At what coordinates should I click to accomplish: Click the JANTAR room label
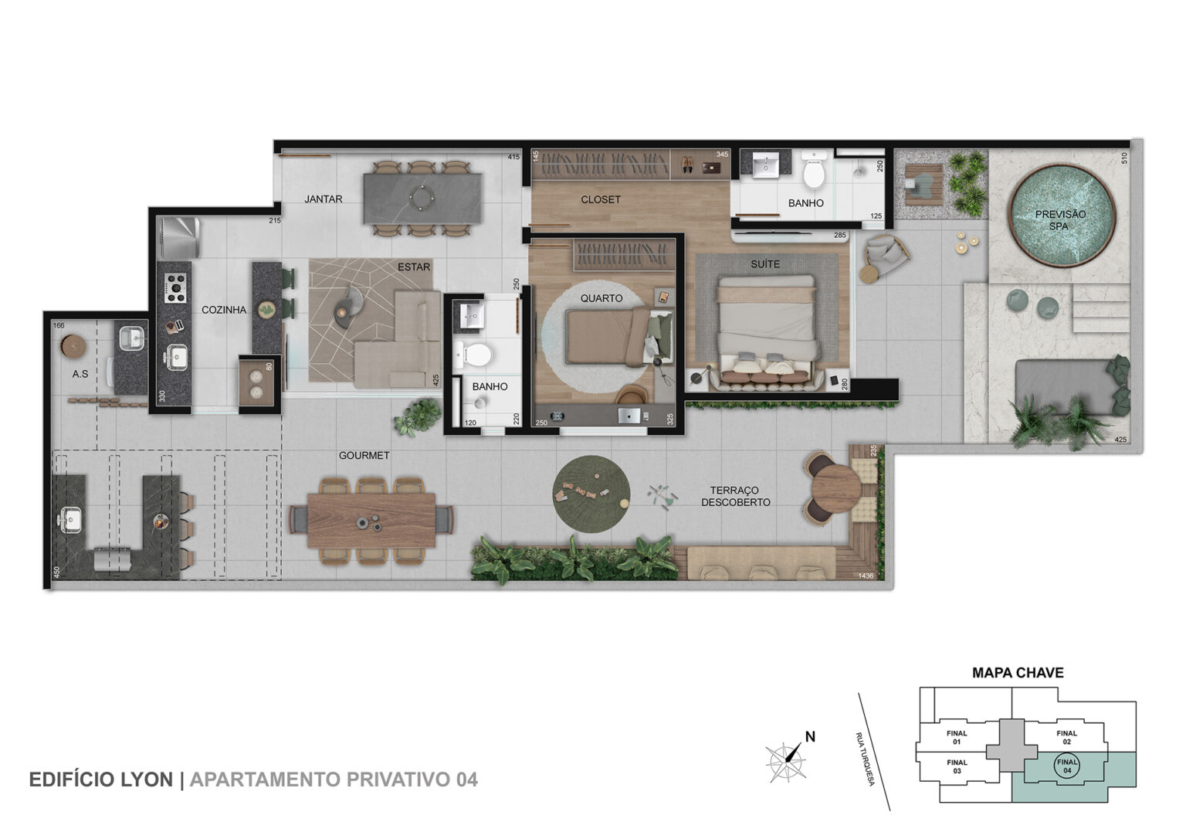pos(323,199)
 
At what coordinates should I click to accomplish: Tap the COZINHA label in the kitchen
pos(224,310)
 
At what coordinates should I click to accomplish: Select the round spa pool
pos(1062,215)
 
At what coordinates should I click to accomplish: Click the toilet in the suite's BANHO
pos(814,169)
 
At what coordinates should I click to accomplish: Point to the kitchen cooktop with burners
pos(175,287)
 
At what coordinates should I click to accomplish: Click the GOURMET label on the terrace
pos(364,456)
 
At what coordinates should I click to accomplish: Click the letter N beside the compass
pos(810,737)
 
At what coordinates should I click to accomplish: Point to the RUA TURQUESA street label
pos(865,759)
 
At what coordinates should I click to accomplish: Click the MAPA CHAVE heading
pos(1018,673)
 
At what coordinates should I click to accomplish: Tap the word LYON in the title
pos(147,780)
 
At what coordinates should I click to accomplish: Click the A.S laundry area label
pos(80,374)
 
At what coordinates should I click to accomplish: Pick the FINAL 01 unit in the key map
pos(957,737)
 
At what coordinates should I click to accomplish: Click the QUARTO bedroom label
pos(601,299)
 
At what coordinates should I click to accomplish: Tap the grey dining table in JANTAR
pos(422,199)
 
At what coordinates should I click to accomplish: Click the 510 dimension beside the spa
pos(1125,158)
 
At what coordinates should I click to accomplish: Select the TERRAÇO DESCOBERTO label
pos(735,496)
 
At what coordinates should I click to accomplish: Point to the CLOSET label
pos(601,199)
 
